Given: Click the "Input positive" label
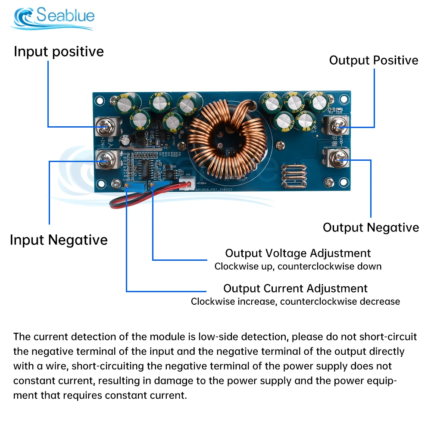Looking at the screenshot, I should tap(59, 52).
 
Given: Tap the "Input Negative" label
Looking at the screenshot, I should tap(59, 240).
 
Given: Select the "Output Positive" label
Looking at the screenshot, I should tap(374, 60).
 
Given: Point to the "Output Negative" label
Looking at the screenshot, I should tap(371, 228).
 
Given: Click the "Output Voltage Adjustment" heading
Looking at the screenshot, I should tap(298, 253).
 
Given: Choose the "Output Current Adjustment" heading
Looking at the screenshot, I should tap(295, 288).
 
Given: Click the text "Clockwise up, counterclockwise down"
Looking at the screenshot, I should tap(298, 266).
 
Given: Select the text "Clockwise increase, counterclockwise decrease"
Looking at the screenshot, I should tap(295, 301).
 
